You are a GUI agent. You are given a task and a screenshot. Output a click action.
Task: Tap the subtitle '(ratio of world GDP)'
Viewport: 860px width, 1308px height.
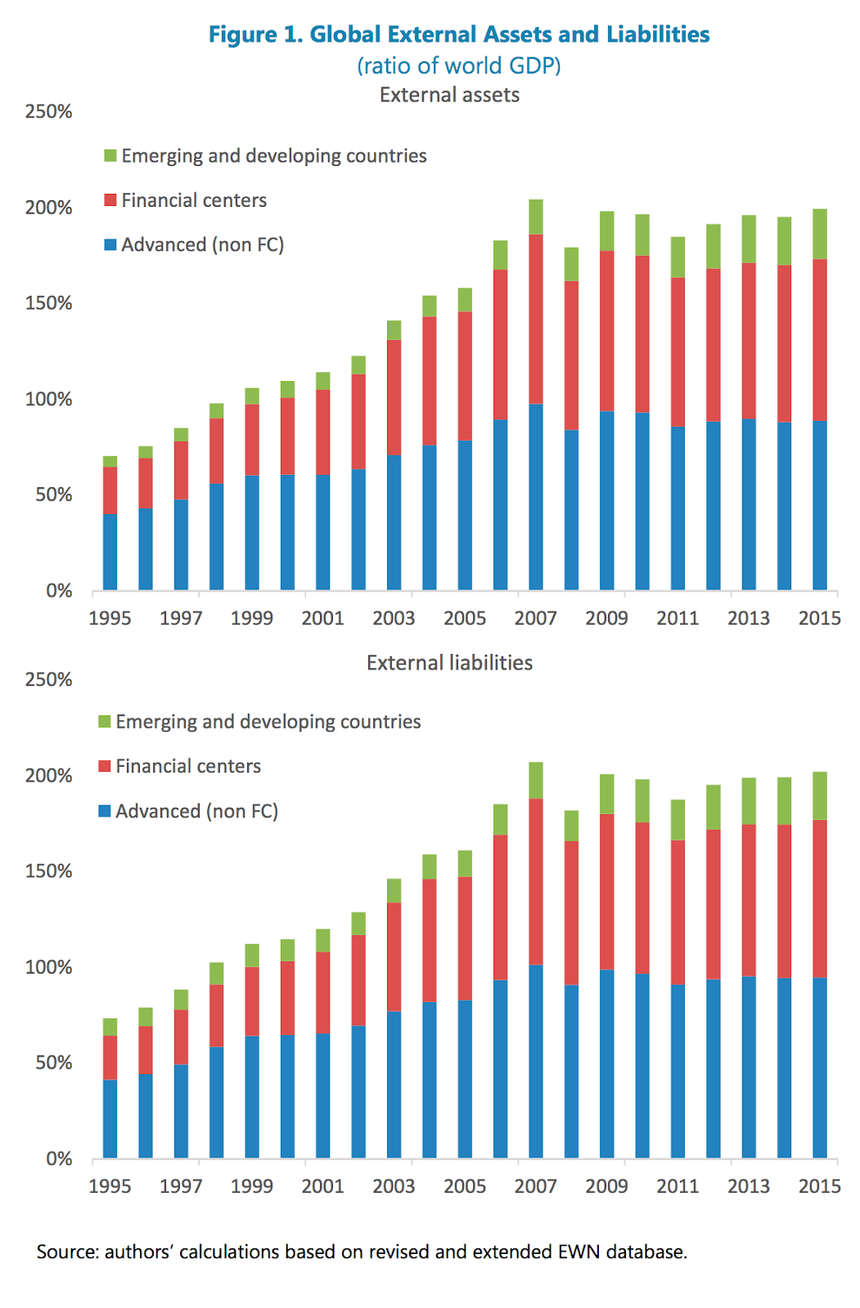[x=458, y=65]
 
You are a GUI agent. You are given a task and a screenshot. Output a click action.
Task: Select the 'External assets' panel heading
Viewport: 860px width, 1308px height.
[x=449, y=95]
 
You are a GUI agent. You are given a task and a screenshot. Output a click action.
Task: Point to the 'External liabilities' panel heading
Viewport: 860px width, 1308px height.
[x=449, y=663]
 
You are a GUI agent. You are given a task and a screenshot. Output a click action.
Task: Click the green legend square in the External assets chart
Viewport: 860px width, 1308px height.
[x=111, y=155]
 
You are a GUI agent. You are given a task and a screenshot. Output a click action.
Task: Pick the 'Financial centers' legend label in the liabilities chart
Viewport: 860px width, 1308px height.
[x=188, y=766]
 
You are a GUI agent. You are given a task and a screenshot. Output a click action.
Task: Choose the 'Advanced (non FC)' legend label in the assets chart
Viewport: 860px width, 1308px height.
[x=202, y=244]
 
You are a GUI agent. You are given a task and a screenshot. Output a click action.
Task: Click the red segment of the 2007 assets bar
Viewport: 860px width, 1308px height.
[x=536, y=319]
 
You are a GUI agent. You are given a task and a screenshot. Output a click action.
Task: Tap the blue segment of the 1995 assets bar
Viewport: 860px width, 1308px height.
[x=110, y=552]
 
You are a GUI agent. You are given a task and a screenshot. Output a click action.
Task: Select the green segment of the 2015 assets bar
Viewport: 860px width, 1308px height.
[x=820, y=234]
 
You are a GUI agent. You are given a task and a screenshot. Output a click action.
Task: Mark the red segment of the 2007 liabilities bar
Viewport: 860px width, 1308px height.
[x=536, y=881]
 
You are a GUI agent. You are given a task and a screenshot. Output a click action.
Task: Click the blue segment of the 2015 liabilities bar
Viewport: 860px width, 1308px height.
[x=820, y=1068]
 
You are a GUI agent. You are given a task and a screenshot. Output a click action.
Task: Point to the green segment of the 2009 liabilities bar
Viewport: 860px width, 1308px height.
[x=607, y=794]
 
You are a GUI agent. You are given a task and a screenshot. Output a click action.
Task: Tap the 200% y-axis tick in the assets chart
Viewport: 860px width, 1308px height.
[x=49, y=208]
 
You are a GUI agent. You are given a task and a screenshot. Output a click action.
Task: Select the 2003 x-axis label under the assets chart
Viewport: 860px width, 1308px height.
[x=394, y=618]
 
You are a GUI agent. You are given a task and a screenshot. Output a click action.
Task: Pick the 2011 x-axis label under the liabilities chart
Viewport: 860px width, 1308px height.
[x=678, y=1186]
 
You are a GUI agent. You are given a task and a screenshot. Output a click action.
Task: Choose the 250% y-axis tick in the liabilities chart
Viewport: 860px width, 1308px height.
[x=49, y=679]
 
